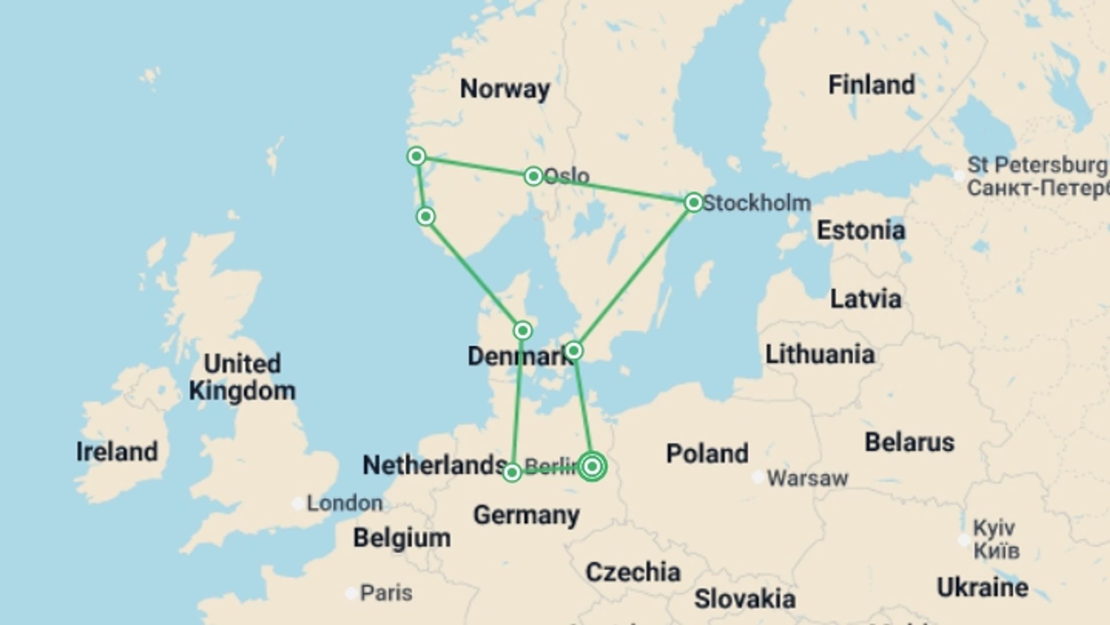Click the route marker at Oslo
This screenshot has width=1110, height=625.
[x=533, y=175]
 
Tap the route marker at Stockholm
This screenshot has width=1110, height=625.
[x=693, y=203]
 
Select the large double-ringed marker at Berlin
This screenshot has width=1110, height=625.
[x=592, y=466]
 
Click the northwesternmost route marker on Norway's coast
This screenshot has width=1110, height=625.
[x=416, y=156]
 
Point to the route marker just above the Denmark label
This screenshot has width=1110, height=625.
[x=523, y=330]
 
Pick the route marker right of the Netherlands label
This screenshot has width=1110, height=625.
[x=512, y=473]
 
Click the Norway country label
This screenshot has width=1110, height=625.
[x=505, y=89]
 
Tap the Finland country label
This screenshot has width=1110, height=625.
[x=871, y=85]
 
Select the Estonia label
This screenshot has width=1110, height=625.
[x=861, y=230]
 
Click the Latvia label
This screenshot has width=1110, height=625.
[x=865, y=299]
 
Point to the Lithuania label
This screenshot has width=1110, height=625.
[x=820, y=354]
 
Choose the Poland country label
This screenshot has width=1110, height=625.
[x=707, y=453]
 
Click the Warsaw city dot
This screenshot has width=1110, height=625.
[x=757, y=477]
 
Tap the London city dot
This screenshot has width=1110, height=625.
[x=298, y=503]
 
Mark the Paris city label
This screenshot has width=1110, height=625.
[x=386, y=593]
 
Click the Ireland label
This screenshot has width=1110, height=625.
[x=117, y=451]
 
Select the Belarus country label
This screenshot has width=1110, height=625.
[x=909, y=442]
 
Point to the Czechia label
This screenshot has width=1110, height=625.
[x=632, y=572]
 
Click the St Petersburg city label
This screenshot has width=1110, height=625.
[x=1037, y=165]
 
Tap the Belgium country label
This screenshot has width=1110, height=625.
[x=402, y=538]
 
